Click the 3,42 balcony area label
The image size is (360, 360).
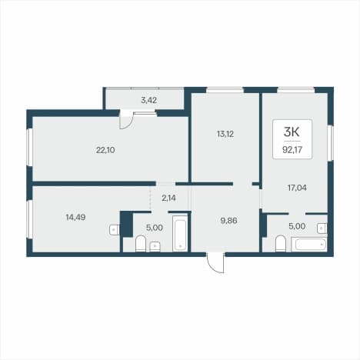click(148, 100)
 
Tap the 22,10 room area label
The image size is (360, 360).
click(105, 150)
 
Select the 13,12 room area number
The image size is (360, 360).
click(225, 134)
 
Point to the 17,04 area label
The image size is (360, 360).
click(297, 188)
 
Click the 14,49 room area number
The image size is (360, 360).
click(75, 217)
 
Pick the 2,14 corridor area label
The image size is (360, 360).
click(168, 198)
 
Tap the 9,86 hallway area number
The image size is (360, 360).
click(228, 220)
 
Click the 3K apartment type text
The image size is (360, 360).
click(292, 132)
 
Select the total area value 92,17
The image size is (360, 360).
click(292, 149)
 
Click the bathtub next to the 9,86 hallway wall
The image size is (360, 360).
click(180, 233)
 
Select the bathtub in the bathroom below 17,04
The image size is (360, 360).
click(309, 245)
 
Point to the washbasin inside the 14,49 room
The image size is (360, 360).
click(115, 229)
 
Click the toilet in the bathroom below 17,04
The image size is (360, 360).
click(281, 244)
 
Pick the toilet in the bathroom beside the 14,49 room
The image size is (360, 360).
click(141, 244)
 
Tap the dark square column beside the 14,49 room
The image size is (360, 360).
click(126, 224)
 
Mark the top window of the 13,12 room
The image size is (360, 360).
click(225, 90)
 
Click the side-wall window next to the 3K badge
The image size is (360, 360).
click(331, 143)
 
